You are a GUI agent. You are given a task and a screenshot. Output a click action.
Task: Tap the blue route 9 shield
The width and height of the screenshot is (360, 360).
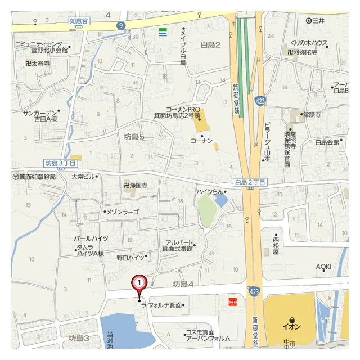pos(121,25)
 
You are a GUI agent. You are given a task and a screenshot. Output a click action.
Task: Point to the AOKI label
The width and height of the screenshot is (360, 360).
pos(323,266)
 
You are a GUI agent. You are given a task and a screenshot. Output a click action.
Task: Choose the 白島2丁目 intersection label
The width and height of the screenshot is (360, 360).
pos(250,183)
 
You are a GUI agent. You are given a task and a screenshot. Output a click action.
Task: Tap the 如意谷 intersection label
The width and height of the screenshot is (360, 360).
pos(79,21)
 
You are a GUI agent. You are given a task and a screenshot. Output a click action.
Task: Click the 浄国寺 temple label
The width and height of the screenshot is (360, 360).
pos(136,184)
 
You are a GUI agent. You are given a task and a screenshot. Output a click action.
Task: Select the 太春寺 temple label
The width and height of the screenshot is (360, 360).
pos(38,64)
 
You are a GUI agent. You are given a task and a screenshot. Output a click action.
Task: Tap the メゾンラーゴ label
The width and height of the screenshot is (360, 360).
pos(122,212)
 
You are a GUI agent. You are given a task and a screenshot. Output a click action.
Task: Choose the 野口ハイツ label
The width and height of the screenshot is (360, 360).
pos(130,257)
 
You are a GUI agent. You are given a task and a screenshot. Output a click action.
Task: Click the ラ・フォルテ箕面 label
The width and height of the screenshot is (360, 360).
pos(163,305)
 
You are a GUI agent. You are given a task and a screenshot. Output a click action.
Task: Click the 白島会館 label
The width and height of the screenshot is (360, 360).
pos(327,142)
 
